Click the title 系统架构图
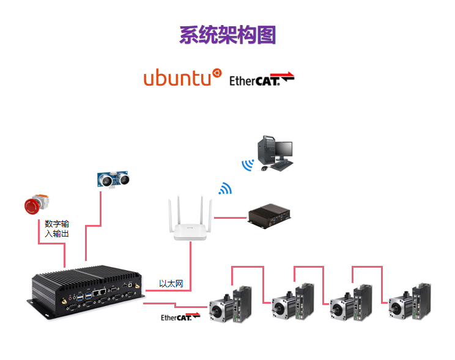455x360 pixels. point(227,35)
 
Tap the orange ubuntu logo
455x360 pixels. point(182,77)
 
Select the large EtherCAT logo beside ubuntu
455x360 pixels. point(262,79)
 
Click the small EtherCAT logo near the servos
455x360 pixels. point(180,317)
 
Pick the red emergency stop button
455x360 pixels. point(36,204)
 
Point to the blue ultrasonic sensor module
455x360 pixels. point(113,179)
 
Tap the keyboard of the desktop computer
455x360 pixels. point(281,166)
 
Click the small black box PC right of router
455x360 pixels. point(269,216)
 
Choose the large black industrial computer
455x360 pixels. point(86,291)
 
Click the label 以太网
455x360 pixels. point(171,284)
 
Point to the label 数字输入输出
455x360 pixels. point(57,229)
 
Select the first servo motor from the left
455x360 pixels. point(231,304)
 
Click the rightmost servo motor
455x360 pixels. point(410,302)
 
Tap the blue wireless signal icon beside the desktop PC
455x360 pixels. point(248,165)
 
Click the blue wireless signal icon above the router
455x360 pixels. point(226,188)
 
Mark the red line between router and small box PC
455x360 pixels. point(231,218)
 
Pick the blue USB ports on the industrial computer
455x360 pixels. point(84,297)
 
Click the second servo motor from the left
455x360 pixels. point(293,302)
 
